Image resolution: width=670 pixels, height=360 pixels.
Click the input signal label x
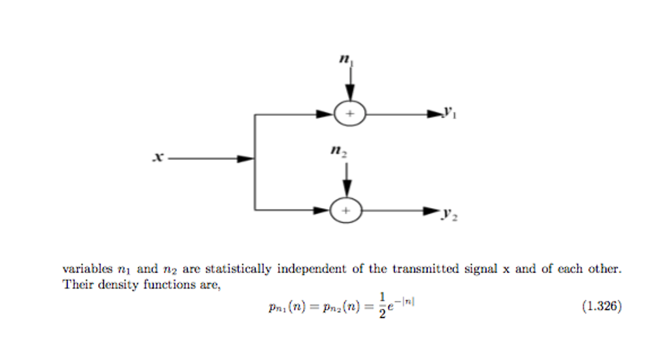coord(158,157)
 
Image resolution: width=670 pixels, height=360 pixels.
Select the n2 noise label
coord(339,153)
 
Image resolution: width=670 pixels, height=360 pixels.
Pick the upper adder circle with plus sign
coord(350,114)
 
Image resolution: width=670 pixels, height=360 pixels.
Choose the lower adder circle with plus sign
coord(346,211)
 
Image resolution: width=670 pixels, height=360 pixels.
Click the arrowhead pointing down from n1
coord(350,96)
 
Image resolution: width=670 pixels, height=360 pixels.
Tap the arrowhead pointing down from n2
coord(347,190)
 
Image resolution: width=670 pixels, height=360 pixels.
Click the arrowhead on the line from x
coord(245,158)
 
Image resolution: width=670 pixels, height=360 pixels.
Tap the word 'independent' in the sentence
coord(311,270)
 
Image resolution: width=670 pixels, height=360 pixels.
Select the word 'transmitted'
coord(426,270)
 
